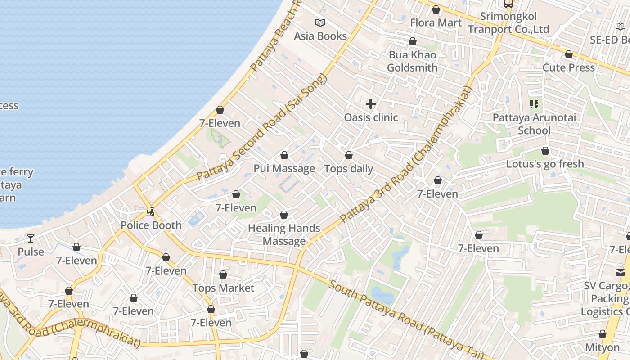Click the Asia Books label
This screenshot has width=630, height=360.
[320, 36]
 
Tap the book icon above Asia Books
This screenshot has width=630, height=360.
[320, 22]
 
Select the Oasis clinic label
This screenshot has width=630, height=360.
[371, 117]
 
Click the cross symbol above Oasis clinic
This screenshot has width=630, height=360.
[371, 104]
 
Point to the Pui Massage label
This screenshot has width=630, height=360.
[284, 169]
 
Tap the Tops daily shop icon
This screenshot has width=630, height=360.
[349, 156]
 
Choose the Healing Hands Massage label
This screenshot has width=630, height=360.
[284, 234]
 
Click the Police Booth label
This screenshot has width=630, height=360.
[151, 225]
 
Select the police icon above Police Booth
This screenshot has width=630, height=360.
[151, 211]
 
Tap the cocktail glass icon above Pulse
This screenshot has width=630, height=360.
[31, 238]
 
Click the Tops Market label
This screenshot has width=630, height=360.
[223, 288]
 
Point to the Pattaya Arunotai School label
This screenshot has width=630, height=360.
[534, 124]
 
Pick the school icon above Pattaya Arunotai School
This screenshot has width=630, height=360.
[534, 105]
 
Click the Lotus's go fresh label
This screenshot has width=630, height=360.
[545, 164]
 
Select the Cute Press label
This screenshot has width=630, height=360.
[569, 67]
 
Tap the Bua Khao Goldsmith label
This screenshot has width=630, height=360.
[412, 61]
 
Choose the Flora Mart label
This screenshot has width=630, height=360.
[436, 22]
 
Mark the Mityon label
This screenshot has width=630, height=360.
[602, 347]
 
